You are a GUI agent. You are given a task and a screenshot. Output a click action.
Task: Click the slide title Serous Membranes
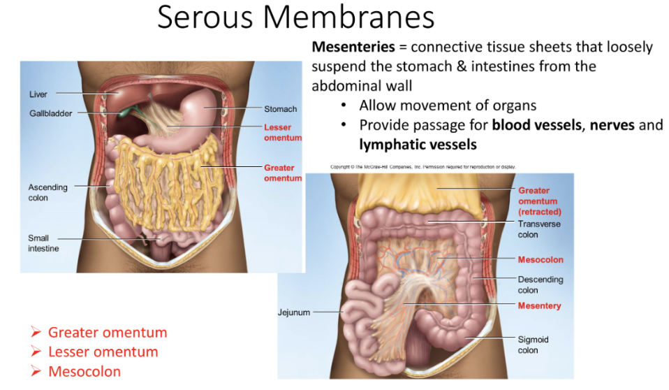[x=295, y=17]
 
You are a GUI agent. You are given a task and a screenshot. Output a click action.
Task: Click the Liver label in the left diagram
[x=38, y=94]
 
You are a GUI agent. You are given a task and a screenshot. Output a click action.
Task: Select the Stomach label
[x=280, y=109]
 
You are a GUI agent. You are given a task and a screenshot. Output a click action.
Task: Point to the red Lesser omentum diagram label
[x=283, y=133]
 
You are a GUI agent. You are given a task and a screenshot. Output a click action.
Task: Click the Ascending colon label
[x=47, y=192]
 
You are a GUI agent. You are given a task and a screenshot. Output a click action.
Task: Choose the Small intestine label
[x=43, y=243]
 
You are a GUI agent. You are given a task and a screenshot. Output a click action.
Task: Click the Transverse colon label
[x=538, y=229]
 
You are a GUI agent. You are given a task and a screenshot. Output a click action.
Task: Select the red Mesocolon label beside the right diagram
[x=541, y=260]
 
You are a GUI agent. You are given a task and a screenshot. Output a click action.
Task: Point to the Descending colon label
[x=540, y=284]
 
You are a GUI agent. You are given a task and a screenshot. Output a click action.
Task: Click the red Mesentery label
[x=539, y=306]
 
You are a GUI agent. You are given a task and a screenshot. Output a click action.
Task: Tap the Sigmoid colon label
[x=533, y=345]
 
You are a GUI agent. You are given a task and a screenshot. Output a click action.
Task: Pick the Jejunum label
[x=294, y=312]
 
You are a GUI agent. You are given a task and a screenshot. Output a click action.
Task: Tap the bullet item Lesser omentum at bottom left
[x=103, y=352]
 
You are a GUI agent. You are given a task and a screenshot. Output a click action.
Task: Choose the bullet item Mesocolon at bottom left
[x=84, y=371]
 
